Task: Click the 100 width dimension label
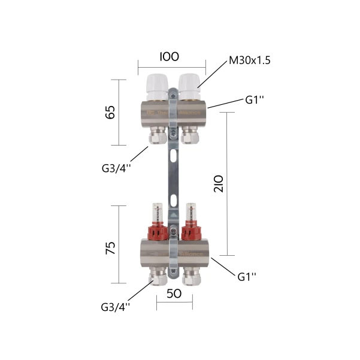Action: [x=169, y=57]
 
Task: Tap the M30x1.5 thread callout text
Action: [x=250, y=60]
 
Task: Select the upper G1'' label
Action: [x=255, y=99]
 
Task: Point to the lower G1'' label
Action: [x=247, y=277]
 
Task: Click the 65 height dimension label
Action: [x=110, y=112]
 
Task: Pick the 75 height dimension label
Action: [x=110, y=248]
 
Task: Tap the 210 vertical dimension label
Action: [x=219, y=184]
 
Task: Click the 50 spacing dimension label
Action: [x=174, y=294]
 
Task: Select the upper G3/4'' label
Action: [x=116, y=168]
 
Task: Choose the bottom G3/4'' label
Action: [x=115, y=307]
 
